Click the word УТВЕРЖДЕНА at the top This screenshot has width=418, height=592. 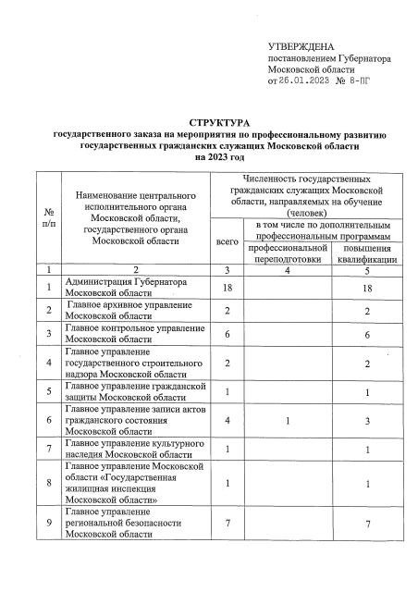[298, 45]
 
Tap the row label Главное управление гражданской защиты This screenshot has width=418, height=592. [128, 390]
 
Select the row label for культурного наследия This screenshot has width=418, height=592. [128, 448]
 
